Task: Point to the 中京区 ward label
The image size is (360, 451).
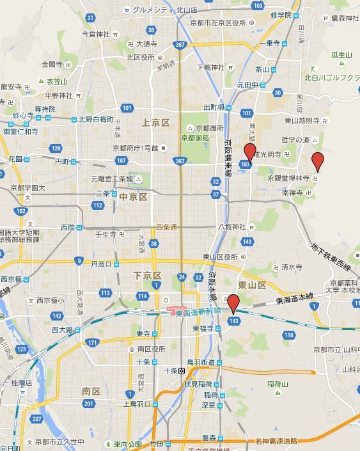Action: (x=134, y=196)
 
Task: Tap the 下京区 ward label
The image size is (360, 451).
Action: (x=147, y=275)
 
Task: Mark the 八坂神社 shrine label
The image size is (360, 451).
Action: (x=232, y=226)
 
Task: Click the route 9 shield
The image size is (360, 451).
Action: (x=78, y=260)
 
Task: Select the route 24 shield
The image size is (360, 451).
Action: (x=182, y=277)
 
